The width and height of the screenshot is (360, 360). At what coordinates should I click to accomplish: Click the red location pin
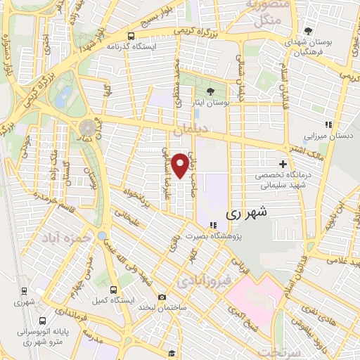pos(181,165)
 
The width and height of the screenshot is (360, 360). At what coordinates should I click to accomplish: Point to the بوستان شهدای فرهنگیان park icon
pos(309,30)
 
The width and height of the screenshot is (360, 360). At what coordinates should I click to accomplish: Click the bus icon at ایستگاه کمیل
pos(114,289)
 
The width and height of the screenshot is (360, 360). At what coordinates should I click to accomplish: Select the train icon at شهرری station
pos(24,290)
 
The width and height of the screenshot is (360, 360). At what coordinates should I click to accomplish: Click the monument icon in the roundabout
pos(87,127)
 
